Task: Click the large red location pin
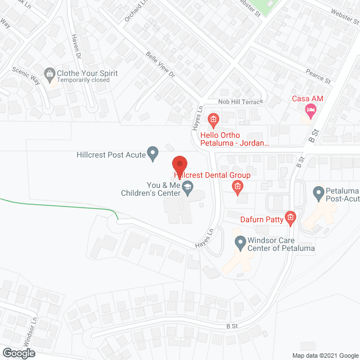[x=179, y=164]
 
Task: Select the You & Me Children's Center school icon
[x=188, y=189]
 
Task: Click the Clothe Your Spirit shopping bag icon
[x=51, y=73]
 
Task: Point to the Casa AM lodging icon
[x=308, y=109]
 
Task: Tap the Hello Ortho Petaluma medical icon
[x=213, y=119]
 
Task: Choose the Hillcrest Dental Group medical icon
[x=238, y=186]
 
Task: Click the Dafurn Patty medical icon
[x=290, y=218]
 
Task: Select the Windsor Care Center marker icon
[x=239, y=242]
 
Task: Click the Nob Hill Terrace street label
[x=240, y=102]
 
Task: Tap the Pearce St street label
[x=318, y=77]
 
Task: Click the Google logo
[x=17, y=353]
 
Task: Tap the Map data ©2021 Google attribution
[x=325, y=355]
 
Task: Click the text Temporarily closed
[x=85, y=80]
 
